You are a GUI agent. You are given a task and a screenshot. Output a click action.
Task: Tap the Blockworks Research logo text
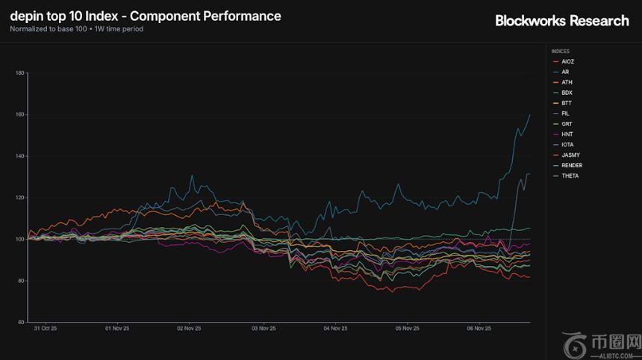[562, 21]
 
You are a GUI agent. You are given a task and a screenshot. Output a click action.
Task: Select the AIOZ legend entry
[567, 61]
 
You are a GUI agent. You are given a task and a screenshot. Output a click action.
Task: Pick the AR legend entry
[565, 72]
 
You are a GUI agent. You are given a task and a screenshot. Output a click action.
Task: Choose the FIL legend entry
[565, 114]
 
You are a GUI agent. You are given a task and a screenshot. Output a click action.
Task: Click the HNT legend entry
[566, 134]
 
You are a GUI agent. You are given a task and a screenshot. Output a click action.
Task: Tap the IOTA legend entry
[567, 145]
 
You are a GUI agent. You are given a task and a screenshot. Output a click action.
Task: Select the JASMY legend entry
[570, 155]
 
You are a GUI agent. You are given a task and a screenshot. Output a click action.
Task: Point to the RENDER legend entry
[572, 166]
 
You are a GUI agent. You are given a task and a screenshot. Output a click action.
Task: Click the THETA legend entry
[570, 176]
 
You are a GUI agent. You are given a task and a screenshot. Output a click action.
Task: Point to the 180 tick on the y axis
[20, 73]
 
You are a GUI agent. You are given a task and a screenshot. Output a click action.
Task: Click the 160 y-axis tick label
[20, 115]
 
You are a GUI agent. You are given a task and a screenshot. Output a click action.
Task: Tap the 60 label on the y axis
[21, 323]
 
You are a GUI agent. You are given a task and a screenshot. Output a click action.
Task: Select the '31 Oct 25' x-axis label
[46, 328]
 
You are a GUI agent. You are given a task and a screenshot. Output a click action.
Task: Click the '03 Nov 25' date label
[262, 328]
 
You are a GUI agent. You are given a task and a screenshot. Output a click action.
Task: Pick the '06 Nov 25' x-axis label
[479, 328]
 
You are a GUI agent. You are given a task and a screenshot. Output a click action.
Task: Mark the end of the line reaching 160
[530, 114]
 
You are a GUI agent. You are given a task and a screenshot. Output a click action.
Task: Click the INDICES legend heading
[560, 52]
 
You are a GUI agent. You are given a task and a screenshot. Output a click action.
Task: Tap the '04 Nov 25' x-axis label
[334, 328]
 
